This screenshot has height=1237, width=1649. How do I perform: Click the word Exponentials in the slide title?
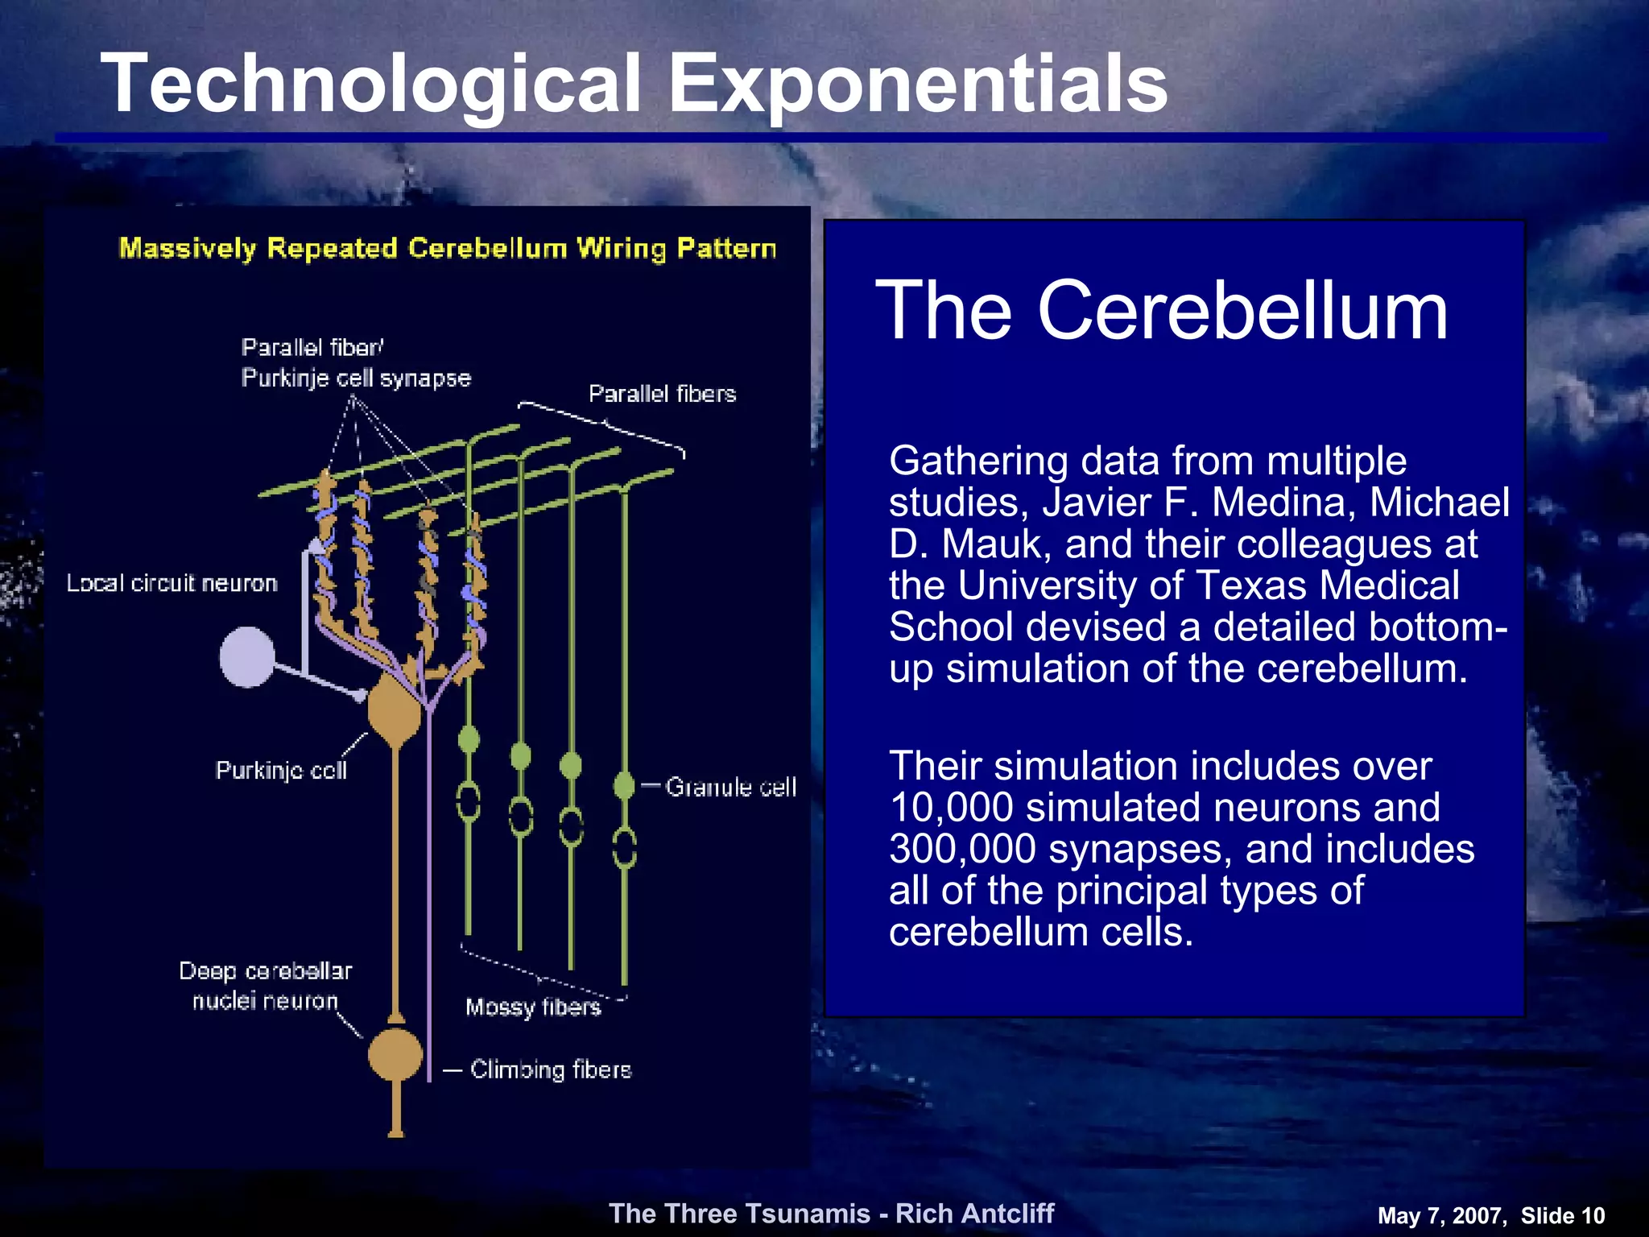(918, 85)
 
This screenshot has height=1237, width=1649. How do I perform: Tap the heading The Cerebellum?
(1161, 311)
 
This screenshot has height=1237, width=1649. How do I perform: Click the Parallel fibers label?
(662, 394)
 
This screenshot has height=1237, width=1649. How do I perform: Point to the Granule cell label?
(730, 787)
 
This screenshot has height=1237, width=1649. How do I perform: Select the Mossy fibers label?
(533, 1007)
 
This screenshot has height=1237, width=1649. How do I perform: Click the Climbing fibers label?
(551, 1069)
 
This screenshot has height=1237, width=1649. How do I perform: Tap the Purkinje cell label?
(281, 771)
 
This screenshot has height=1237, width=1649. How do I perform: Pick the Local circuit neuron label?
(172, 583)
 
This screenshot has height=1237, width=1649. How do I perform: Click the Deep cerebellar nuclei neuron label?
(265, 986)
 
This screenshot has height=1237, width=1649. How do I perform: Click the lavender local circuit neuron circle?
(247, 657)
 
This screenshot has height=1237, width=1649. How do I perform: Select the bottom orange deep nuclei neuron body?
(395, 1054)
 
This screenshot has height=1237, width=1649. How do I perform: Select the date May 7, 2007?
(1441, 1216)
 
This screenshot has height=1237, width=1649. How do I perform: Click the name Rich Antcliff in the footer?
(974, 1214)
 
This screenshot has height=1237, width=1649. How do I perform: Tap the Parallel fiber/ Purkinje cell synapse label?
(355, 363)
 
